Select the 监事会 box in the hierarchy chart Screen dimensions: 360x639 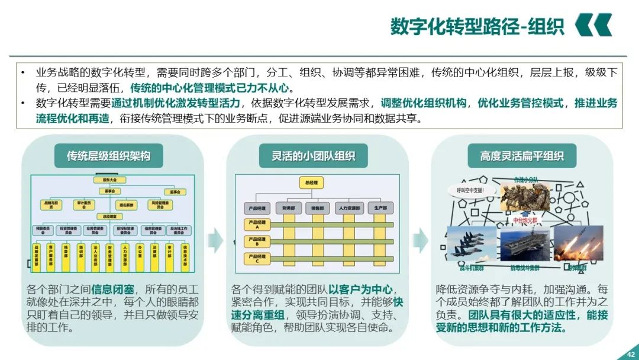click(x=175, y=192)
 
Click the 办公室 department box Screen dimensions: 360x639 click(x=140, y=255)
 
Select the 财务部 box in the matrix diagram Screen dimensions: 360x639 click(x=289, y=208)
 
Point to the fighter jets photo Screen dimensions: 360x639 click(x=472, y=243)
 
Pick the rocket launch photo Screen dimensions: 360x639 click(x=578, y=243)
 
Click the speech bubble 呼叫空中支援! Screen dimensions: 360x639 click(x=470, y=191)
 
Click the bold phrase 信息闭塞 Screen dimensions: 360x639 click(x=112, y=290)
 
